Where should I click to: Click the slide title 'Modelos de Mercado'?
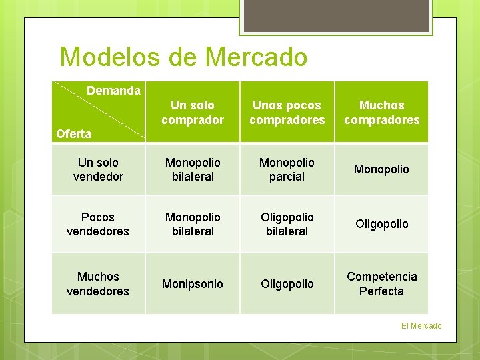(x=183, y=57)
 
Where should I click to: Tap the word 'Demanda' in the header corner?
(x=114, y=91)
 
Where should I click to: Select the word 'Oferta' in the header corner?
(x=74, y=134)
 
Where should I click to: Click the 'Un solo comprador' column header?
(x=193, y=113)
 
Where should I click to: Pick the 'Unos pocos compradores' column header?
(x=287, y=113)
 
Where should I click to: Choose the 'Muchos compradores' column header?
(x=381, y=113)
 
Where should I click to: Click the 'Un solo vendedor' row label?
(x=98, y=169)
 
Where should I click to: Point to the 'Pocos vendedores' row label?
(x=98, y=224)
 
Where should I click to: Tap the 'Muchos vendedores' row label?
(x=98, y=283)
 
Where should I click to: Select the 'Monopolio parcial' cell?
(x=287, y=169)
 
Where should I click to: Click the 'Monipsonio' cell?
(x=193, y=284)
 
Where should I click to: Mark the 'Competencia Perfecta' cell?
(x=381, y=283)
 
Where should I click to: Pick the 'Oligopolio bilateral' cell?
(x=287, y=224)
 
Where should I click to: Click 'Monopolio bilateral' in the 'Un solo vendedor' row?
(x=193, y=169)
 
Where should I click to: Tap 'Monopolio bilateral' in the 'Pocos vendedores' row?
(x=193, y=224)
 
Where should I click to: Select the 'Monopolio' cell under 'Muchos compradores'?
(x=381, y=169)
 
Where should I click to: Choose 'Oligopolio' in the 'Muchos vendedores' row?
(x=287, y=284)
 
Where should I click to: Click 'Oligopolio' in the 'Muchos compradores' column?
(x=381, y=224)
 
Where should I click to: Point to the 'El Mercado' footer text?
(x=421, y=325)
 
